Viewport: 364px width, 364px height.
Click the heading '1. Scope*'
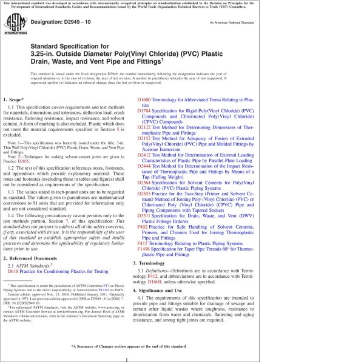[15, 99]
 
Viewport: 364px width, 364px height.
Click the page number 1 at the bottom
[125, 359]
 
